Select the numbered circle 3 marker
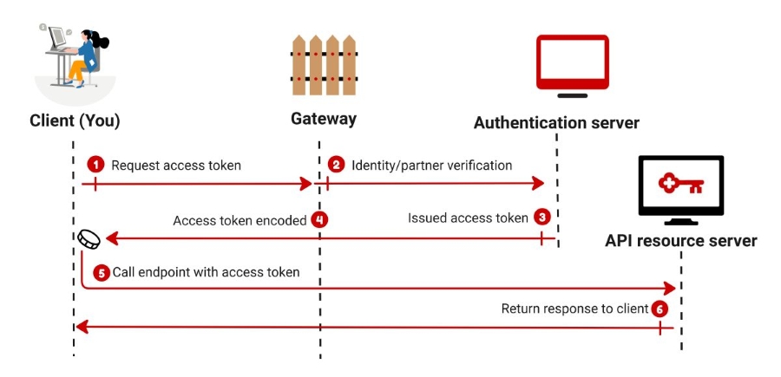pos(542,218)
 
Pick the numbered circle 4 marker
pos(320,220)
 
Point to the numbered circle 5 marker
pos(102,272)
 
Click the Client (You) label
pos(75,120)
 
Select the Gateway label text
pos(324,118)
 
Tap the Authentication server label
pos(556,123)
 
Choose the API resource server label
pos(680,240)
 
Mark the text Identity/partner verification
pos(431,165)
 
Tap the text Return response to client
pos(574,309)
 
